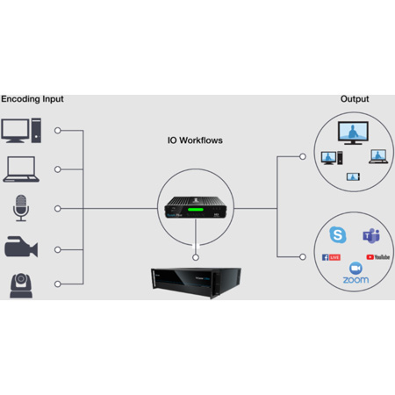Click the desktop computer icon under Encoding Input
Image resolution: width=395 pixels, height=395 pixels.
[22, 131]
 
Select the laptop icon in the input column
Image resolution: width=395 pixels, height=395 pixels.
[20, 169]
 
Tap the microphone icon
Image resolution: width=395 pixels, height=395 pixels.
[20, 209]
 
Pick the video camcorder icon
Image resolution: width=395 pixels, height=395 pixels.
[21, 248]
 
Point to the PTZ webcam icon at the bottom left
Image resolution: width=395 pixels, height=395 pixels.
[21, 284]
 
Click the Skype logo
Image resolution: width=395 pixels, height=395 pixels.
[337, 234]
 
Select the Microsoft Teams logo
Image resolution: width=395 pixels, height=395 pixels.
[370, 234]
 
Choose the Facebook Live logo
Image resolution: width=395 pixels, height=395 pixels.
[331, 256]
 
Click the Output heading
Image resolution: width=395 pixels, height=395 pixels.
[355, 98]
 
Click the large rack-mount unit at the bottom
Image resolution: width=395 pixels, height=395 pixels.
[196, 282]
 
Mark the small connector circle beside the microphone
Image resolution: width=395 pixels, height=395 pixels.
[58, 209]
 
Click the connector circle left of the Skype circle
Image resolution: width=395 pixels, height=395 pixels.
[303, 256]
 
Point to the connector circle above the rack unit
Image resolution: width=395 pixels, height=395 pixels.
[195, 256]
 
